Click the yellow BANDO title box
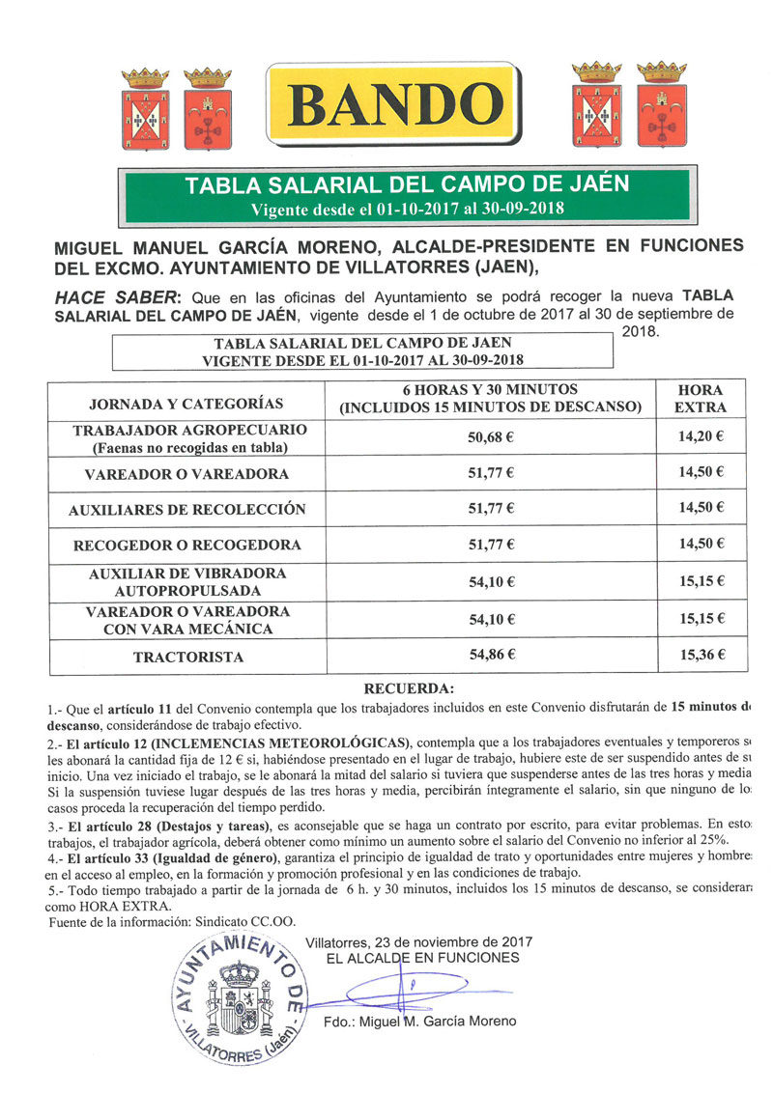391,102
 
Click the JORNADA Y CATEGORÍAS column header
186,404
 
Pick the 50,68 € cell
490,436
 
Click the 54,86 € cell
490,656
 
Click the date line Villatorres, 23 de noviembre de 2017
418,941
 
